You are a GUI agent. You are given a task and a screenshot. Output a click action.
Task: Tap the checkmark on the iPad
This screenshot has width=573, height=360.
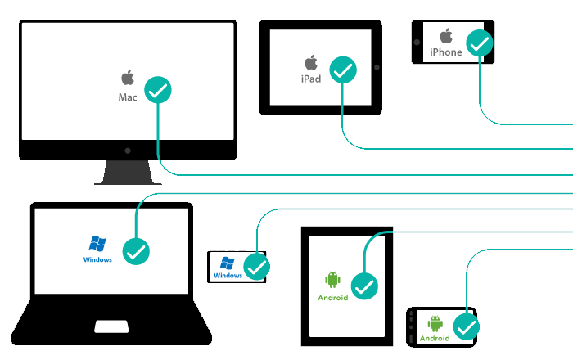pyautogui.click(x=343, y=72)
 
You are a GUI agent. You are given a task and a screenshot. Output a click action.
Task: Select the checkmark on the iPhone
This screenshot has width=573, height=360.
pyautogui.click(x=479, y=43)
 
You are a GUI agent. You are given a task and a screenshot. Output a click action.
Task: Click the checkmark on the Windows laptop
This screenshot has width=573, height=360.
pyautogui.click(x=135, y=251)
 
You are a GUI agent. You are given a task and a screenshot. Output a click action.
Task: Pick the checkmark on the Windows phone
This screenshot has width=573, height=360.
pyautogui.click(x=257, y=267)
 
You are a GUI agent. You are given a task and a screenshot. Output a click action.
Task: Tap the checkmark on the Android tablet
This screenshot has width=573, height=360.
pyautogui.click(x=364, y=286)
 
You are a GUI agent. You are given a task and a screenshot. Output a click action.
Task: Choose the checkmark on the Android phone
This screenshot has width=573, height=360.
pyautogui.click(x=467, y=327)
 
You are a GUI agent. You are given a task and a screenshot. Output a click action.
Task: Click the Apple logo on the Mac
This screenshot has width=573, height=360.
pyautogui.click(x=128, y=78)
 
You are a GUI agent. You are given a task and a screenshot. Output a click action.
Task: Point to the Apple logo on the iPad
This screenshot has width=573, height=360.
pyautogui.click(x=311, y=62)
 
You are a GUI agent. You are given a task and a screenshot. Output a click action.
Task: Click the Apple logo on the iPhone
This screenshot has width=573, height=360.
pyautogui.click(x=446, y=36)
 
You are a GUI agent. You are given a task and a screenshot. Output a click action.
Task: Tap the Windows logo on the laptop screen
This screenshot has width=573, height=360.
pyautogui.click(x=97, y=244)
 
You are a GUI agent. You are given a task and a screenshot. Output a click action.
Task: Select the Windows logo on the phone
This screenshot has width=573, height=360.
pyautogui.click(x=228, y=263)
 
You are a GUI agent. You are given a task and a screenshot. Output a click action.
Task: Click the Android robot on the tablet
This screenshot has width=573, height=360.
pyautogui.click(x=332, y=281)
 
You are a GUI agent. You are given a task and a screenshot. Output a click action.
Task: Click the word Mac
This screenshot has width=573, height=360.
pyautogui.click(x=128, y=97)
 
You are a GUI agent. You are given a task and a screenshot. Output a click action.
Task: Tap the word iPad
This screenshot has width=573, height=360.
pyautogui.click(x=311, y=79)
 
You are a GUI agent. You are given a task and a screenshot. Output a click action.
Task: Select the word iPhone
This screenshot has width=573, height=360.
pyautogui.click(x=446, y=52)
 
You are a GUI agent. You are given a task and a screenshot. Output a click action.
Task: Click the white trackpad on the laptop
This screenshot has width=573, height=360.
pyautogui.click(x=111, y=326)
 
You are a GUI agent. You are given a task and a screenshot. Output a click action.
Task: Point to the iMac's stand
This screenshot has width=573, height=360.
pyautogui.click(x=128, y=172)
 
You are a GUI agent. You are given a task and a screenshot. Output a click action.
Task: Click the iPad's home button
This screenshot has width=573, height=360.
pyautogui.click(x=376, y=67)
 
